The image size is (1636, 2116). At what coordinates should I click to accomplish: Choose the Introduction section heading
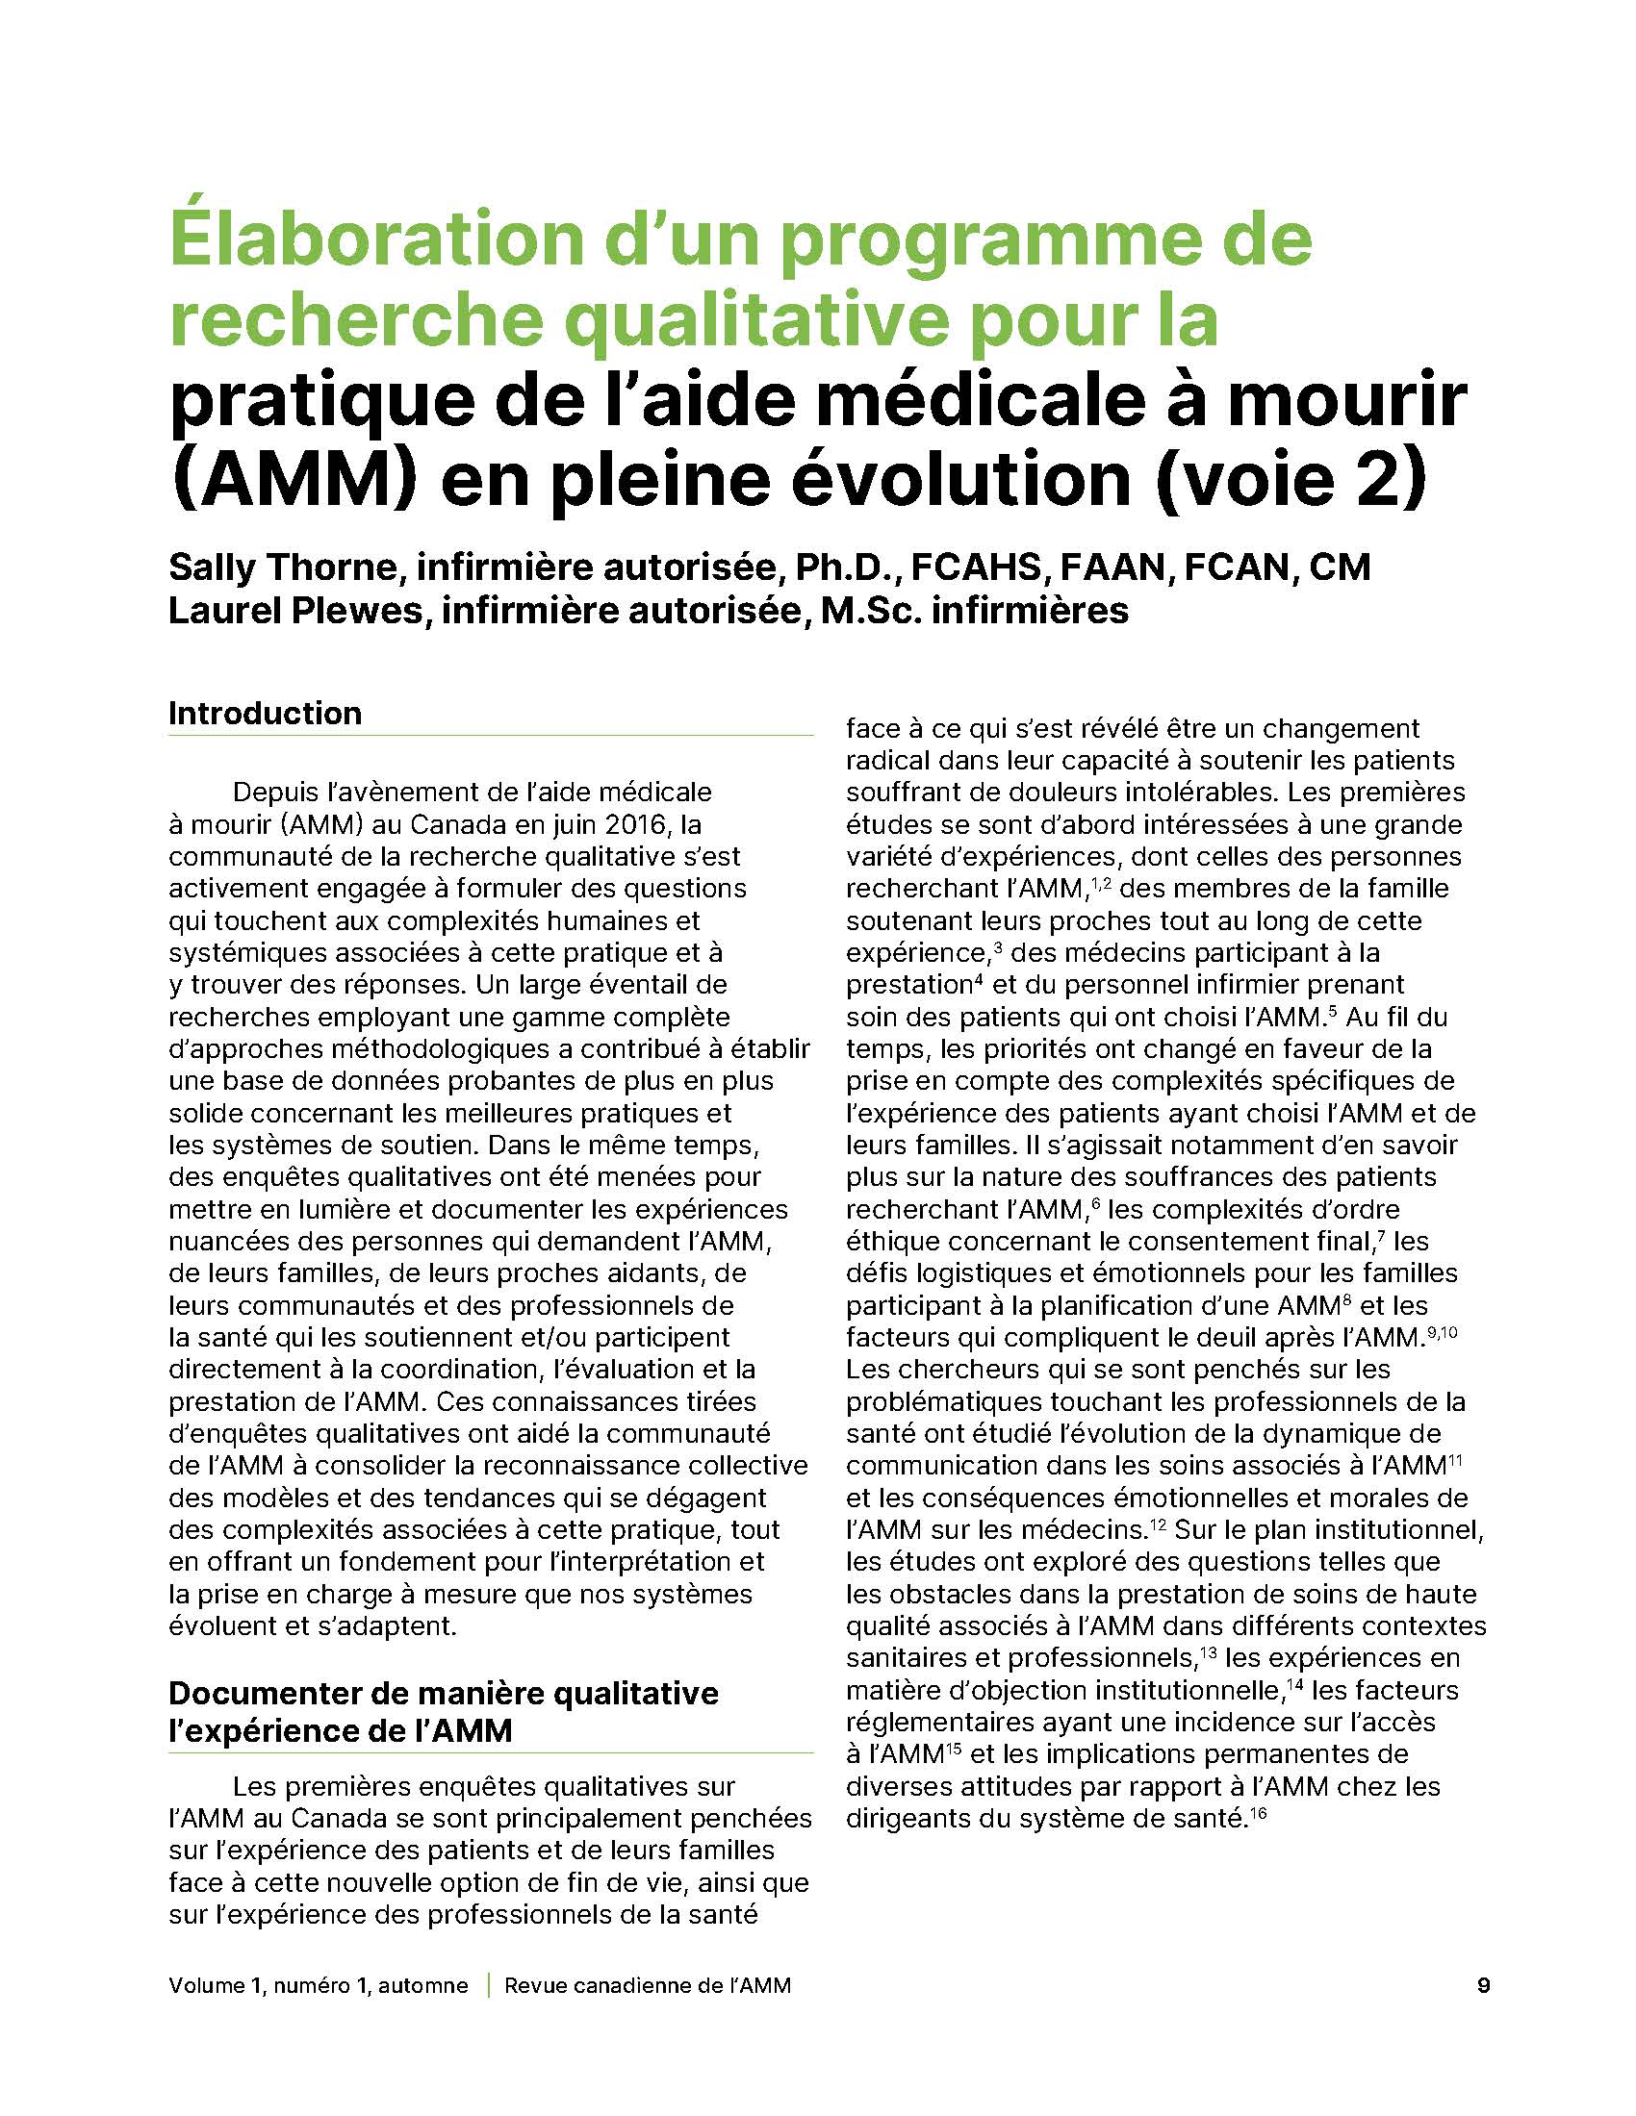(265, 713)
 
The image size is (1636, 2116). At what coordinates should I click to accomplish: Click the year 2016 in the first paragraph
(633, 824)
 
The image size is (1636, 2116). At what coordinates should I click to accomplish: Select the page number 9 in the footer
(1483, 1985)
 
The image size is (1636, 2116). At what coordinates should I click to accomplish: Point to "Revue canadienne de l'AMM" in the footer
(648, 1985)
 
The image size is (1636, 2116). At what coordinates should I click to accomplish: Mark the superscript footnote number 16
(1258, 1811)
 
